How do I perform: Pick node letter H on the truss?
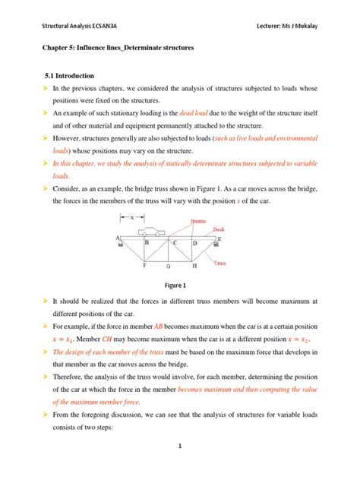coord(194,267)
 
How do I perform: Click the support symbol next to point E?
coord(218,245)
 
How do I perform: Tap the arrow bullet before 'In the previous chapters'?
coord(45,89)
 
